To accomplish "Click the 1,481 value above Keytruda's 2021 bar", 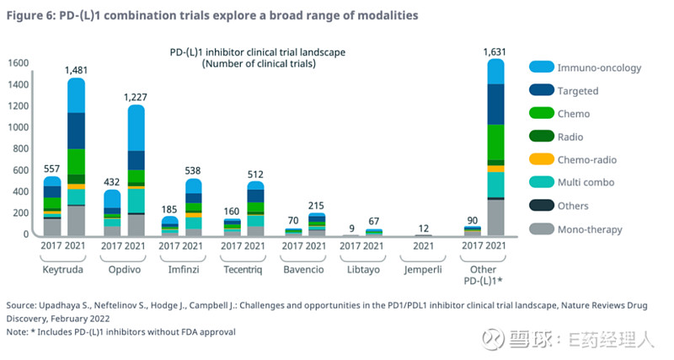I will click(x=77, y=70).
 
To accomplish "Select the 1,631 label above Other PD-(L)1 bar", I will click(x=494, y=51).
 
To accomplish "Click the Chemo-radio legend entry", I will click(x=586, y=159).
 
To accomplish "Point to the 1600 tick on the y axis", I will click(x=19, y=63).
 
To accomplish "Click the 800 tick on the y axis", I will click(x=22, y=149).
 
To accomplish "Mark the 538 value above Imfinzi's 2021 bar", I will click(x=193, y=170).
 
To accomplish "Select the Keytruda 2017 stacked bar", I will click(x=52, y=207).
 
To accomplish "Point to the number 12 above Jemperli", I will click(x=424, y=227).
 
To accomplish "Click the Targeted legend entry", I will click(x=578, y=90).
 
